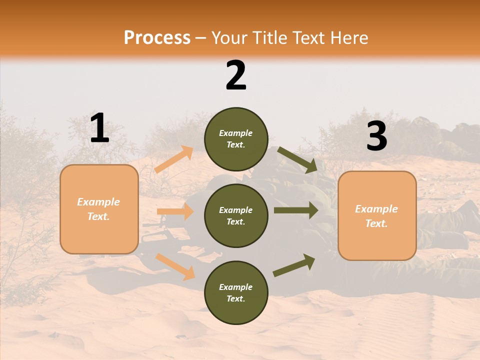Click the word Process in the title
pos(157,38)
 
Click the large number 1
pos(99,129)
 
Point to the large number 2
pos(236,75)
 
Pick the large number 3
pos(376,136)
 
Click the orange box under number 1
pos(99,209)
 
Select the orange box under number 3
pos(377,216)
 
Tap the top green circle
pos(236,139)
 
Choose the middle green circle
pos(236,216)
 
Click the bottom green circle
pos(236,292)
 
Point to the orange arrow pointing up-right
pos(174,159)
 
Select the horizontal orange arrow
pos(175,212)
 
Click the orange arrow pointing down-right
pos(175,266)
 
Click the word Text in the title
pos(313,38)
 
